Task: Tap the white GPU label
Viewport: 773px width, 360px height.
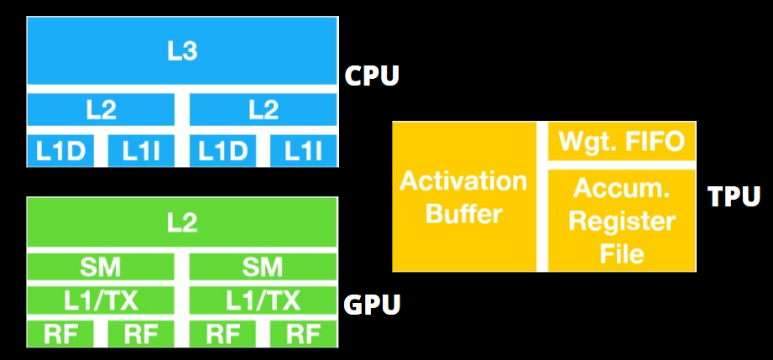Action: [372, 304]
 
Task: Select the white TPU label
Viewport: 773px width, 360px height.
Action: [734, 197]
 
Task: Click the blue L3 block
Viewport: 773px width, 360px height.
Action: [181, 51]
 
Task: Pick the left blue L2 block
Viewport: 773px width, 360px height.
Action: [101, 110]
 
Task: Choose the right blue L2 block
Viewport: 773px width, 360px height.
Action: [264, 110]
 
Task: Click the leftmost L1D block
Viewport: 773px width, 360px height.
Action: [60, 151]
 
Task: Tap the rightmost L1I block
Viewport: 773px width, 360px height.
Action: [304, 151]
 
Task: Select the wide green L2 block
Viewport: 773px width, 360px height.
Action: [181, 222]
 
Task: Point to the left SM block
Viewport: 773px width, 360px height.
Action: [101, 268]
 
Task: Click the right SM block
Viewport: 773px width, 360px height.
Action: [264, 268]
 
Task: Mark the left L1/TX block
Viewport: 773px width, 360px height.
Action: [101, 300]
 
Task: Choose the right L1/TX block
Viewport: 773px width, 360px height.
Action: [264, 300]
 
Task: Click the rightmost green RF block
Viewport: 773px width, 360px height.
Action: [304, 334]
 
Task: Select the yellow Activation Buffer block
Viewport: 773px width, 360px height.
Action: [463, 196]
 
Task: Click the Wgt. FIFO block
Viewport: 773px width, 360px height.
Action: [622, 140]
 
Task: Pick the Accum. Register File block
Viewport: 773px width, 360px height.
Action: [622, 221]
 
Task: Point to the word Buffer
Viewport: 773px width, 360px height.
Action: [463, 213]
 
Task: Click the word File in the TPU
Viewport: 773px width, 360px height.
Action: [622, 252]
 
